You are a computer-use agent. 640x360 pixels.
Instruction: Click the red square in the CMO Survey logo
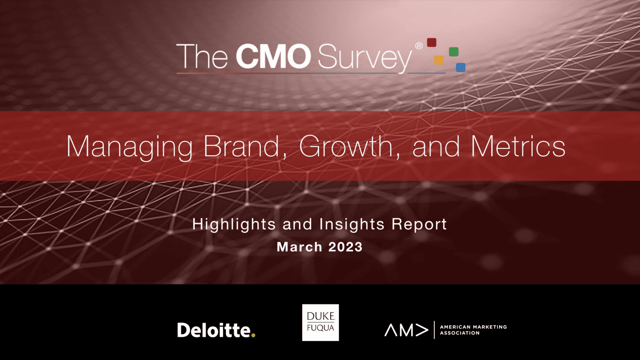[x=432, y=42]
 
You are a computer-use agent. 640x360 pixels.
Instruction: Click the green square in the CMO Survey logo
[x=453, y=52]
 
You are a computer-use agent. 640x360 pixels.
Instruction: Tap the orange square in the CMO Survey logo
[x=439, y=60]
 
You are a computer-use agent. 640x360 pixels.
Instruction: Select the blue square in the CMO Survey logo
[x=460, y=67]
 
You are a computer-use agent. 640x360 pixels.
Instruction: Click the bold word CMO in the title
[x=273, y=57]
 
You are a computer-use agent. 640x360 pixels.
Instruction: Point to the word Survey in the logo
[x=365, y=58]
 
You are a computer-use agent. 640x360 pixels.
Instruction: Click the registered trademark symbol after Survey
[x=419, y=46]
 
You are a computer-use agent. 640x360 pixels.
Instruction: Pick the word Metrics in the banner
[x=518, y=146]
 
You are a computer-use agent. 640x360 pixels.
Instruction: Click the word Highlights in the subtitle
[x=234, y=224]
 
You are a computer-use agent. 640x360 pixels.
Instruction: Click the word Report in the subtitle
[x=419, y=224]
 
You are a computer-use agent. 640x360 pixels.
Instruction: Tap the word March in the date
[x=299, y=247]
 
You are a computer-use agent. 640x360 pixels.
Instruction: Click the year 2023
[x=346, y=247]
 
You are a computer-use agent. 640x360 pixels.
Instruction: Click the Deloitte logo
[x=216, y=330]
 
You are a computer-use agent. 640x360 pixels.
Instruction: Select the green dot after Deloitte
[x=253, y=335]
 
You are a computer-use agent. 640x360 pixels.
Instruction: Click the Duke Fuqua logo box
[x=320, y=322]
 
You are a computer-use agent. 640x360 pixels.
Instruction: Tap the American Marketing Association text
[x=473, y=330]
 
